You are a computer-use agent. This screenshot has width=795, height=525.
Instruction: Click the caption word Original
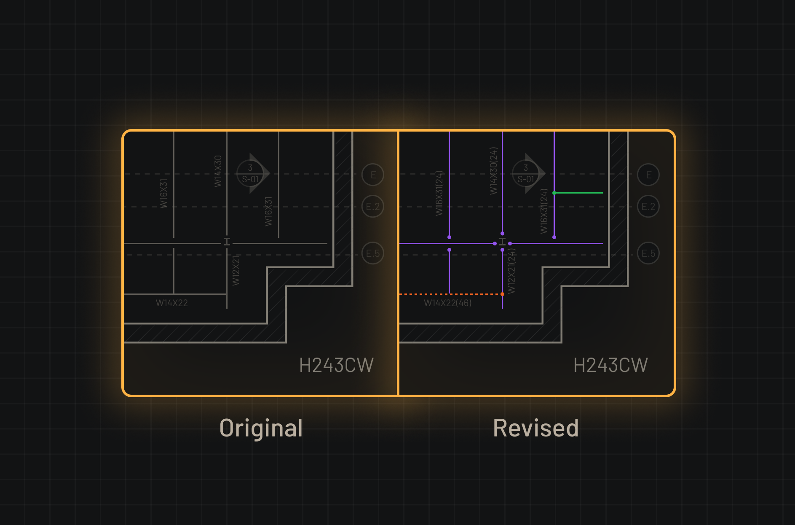click(x=261, y=428)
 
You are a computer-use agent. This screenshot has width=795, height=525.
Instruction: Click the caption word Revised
click(x=535, y=428)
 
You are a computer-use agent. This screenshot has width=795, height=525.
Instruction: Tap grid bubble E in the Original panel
click(x=373, y=175)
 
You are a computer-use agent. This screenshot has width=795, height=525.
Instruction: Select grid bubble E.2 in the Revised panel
click(x=648, y=206)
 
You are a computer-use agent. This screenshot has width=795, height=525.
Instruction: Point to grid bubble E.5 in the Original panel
click(x=373, y=253)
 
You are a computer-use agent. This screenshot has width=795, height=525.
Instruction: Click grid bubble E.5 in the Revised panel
click(x=648, y=253)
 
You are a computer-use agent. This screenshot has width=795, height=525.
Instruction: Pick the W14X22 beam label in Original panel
click(x=172, y=303)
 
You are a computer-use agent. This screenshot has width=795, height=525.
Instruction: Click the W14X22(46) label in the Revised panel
click(x=447, y=303)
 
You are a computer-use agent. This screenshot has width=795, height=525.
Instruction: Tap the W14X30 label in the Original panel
click(x=218, y=171)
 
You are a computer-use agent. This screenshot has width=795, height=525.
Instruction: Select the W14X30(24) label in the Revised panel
click(x=493, y=171)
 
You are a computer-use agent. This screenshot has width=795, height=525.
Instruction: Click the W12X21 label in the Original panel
click(x=236, y=270)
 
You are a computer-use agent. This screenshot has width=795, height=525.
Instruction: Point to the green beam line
click(x=579, y=193)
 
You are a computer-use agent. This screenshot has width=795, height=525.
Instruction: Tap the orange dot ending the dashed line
click(x=502, y=294)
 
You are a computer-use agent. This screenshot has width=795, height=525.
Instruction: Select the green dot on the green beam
click(x=554, y=193)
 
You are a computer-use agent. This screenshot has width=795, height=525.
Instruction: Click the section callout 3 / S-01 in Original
click(x=251, y=173)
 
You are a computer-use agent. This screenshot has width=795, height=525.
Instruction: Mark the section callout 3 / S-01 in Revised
click(x=527, y=173)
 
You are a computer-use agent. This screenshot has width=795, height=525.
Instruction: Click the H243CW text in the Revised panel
click(x=610, y=365)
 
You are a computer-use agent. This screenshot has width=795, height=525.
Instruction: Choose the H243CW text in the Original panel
click(x=336, y=365)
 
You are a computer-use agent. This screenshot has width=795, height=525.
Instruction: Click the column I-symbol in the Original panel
click(x=227, y=242)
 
